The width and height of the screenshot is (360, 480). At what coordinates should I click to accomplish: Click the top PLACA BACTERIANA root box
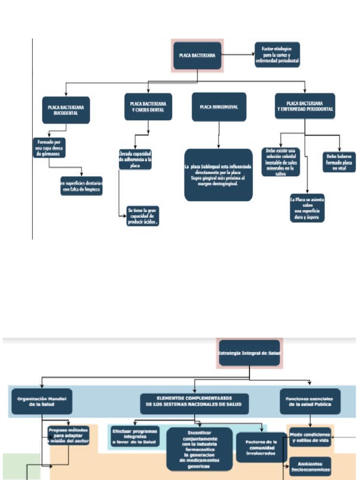click(197, 55)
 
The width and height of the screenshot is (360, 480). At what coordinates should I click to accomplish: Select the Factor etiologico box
click(277, 55)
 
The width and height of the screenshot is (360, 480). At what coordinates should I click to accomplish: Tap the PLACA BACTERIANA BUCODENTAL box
click(66, 110)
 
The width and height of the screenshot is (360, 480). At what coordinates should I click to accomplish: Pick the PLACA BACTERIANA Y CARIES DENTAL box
click(148, 106)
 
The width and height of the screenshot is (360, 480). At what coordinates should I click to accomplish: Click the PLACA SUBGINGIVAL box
click(219, 107)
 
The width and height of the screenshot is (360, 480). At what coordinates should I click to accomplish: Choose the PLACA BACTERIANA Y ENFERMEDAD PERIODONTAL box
click(305, 106)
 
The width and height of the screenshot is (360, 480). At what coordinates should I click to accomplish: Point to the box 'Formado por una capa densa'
click(49, 148)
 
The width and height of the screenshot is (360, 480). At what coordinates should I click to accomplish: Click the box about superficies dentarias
click(82, 186)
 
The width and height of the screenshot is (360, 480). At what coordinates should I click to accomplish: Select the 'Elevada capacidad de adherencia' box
click(135, 159)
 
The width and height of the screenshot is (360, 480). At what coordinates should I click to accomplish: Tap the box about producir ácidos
click(143, 216)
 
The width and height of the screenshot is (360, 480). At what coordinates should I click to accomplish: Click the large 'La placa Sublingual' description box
click(218, 175)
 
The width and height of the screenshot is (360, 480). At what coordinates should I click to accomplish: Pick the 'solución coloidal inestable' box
click(280, 162)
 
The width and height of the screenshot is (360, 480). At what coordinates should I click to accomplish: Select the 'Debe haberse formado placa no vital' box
click(339, 162)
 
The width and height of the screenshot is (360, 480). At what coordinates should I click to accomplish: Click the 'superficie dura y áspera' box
click(307, 209)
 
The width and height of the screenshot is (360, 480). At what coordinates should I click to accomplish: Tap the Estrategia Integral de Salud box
click(249, 352)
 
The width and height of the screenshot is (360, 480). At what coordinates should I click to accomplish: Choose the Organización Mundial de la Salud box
click(42, 401)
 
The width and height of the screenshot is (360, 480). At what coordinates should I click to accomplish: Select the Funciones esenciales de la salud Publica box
click(310, 401)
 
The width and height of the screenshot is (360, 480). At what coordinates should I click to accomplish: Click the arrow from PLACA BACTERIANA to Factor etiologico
click(238, 55)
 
